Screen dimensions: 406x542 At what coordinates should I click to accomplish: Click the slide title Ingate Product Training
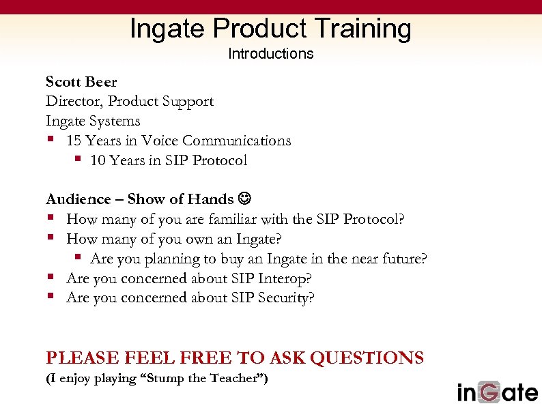(x=270, y=29)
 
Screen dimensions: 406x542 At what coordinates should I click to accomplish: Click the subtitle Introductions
(x=270, y=53)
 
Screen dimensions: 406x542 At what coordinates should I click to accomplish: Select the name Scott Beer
(x=81, y=82)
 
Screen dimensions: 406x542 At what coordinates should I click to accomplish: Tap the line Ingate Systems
(x=93, y=121)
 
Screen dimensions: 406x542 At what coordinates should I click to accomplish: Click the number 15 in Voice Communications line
(x=75, y=141)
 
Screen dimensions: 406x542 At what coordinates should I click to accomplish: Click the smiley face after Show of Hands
(x=244, y=199)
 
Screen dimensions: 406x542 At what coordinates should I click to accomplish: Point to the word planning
(x=180, y=259)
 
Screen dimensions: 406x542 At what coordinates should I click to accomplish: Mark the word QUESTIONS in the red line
(x=367, y=358)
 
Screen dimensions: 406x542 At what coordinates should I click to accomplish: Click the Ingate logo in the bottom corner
(x=497, y=392)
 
